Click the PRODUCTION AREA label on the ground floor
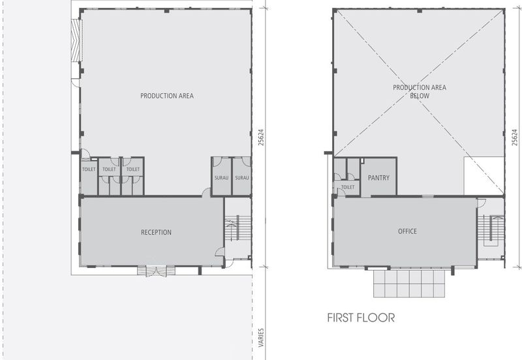click(167, 96)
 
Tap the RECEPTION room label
click(156, 232)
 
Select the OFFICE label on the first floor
click(407, 232)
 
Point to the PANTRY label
click(378, 177)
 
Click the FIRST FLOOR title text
click(361, 318)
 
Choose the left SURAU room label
click(221, 178)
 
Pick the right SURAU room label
click(242, 178)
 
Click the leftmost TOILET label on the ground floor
click(89, 170)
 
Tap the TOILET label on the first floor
click(348, 187)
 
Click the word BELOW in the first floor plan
click(420, 96)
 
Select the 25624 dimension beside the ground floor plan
click(262, 138)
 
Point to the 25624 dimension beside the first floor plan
click(515, 138)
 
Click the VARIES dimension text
click(262, 338)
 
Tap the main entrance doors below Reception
click(157, 271)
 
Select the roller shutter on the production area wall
click(77, 40)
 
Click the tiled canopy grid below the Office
click(409, 284)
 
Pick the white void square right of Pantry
click(484, 175)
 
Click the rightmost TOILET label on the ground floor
click(133, 170)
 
